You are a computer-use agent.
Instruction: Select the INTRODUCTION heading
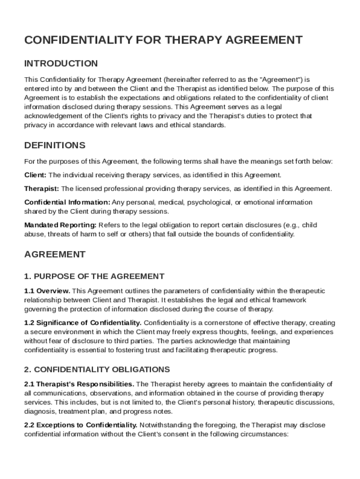[x=61, y=64]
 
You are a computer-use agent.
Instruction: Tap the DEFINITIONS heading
[x=55, y=145]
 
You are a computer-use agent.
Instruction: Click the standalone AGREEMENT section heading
[x=55, y=254]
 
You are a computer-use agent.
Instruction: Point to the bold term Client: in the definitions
[x=35, y=175]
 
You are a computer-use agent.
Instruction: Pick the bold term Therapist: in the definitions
[x=42, y=189]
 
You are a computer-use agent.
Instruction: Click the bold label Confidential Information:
[x=67, y=203]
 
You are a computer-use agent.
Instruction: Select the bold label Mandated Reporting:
[x=60, y=225]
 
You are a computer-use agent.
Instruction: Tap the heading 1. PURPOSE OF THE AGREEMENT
[x=94, y=276]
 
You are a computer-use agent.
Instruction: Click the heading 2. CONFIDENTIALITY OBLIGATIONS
[x=97, y=370]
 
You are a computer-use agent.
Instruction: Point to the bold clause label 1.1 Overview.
[x=47, y=291]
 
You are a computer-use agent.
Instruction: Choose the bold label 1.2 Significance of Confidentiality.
[x=83, y=323]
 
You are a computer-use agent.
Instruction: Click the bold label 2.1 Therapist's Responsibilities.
[x=79, y=384]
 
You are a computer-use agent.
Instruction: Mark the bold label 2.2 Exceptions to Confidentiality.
[x=80, y=425]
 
